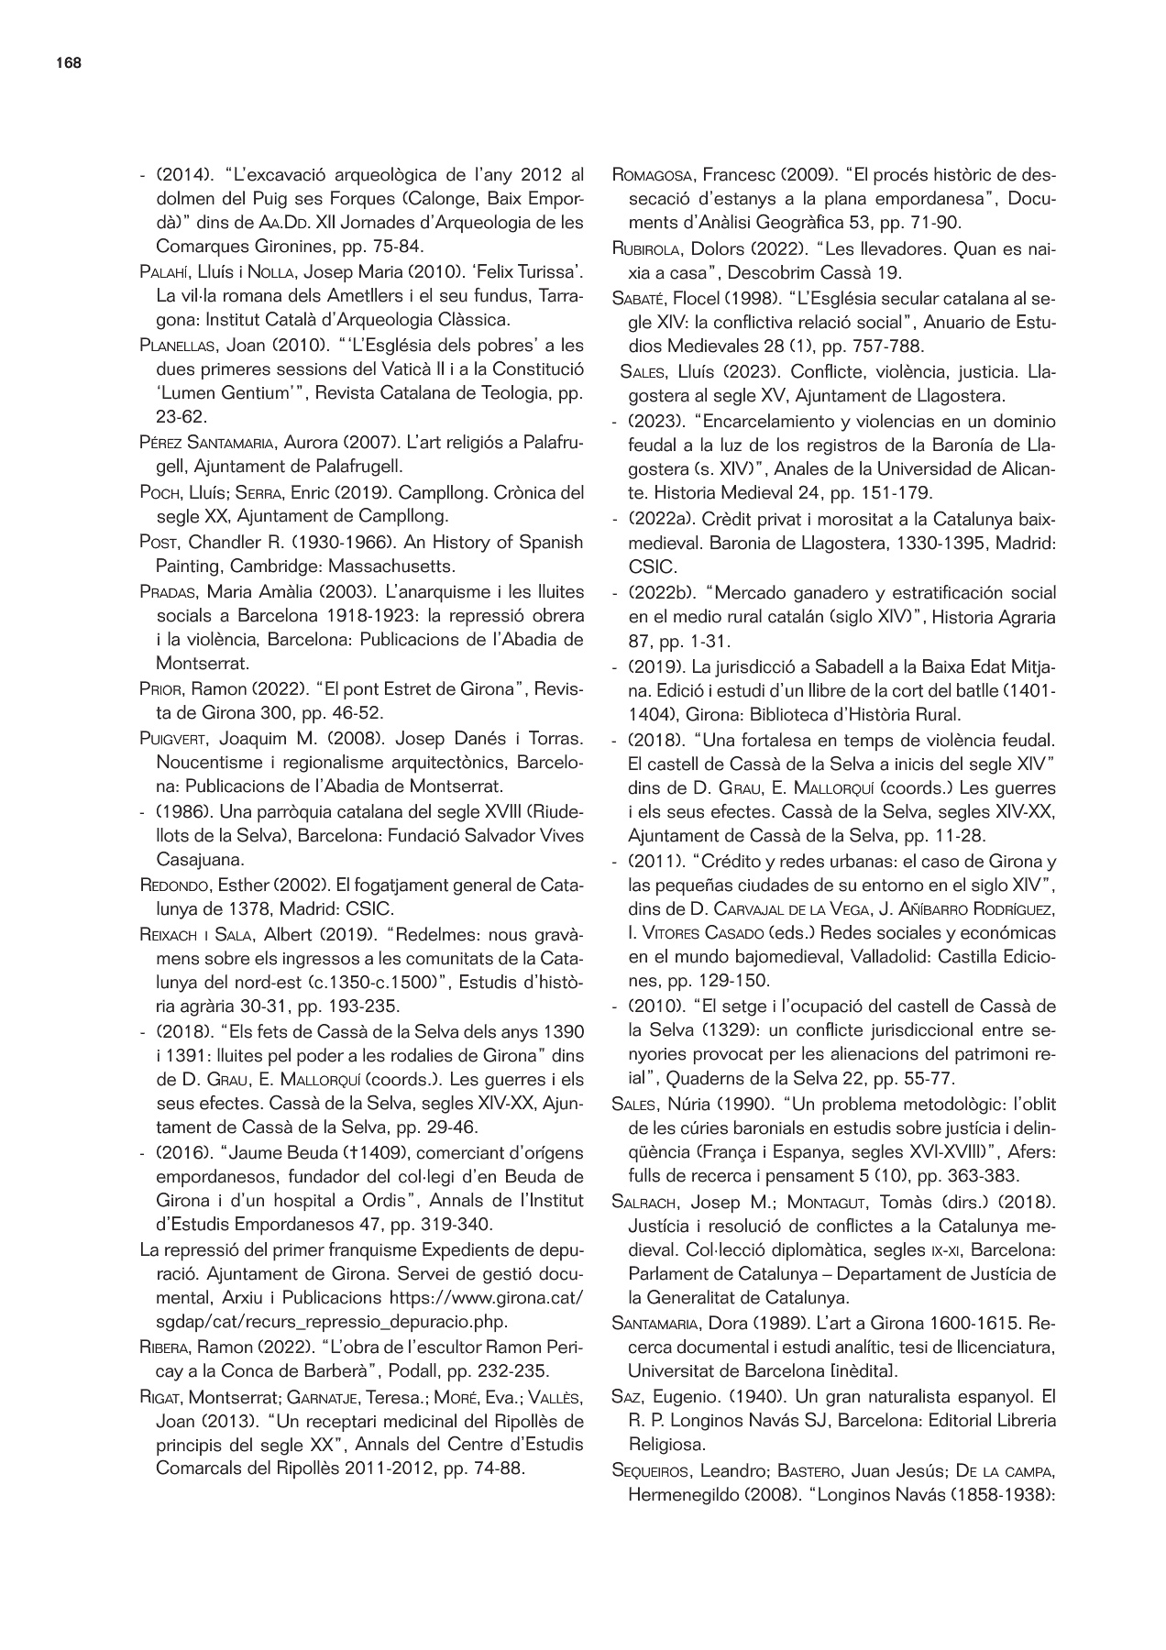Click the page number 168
[x=68, y=63]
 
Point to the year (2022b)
[x=658, y=593]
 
